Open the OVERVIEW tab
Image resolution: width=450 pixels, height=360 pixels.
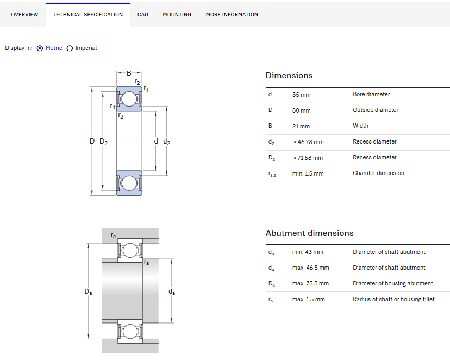point(24,14)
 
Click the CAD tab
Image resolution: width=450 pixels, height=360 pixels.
point(142,14)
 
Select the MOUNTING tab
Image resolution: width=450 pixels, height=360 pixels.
point(177,14)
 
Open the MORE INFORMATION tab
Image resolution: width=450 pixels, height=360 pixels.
point(232,14)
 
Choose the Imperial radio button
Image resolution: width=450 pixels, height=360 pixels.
point(70,48)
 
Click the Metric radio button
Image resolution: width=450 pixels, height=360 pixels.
point(40,48)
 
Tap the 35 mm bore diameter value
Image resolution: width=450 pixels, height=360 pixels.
point(301,95)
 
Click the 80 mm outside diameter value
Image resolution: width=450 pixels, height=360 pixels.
point(301,110)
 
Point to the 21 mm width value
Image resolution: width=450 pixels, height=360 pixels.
point(301,126)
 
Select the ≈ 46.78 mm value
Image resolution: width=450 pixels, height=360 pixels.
point(308,142)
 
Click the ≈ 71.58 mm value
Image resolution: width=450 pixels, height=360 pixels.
point(308,158)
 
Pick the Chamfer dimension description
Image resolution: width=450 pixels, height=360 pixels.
point(378,173)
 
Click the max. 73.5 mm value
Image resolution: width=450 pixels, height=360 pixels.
point(310,284)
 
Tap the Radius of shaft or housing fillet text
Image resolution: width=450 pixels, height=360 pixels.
point(393,299)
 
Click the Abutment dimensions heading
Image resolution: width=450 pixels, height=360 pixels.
point(309,233)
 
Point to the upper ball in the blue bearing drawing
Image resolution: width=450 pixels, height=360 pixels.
point(129,99)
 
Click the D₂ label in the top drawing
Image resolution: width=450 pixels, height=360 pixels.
point(104,141)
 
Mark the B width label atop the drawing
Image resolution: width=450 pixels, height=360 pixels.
point(129,73)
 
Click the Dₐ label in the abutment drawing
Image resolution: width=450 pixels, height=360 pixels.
point(88,291)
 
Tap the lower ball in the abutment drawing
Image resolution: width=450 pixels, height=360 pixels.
point(130,332)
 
